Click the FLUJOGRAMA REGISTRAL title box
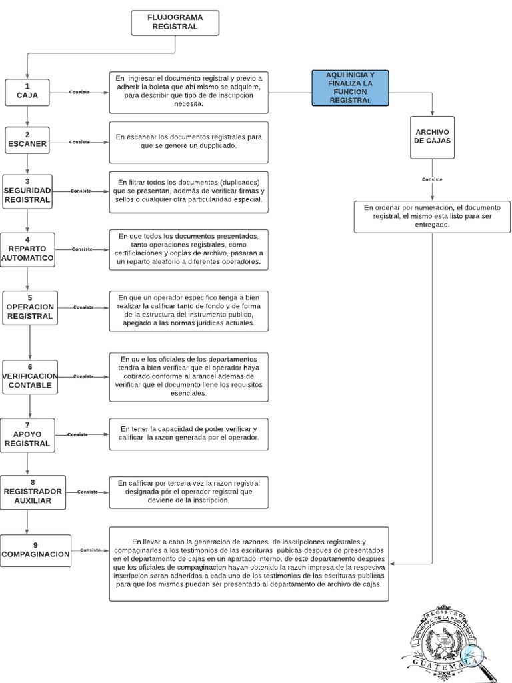pos(175,23)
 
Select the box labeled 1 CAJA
pos(27,91)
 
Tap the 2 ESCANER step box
pos(27,139)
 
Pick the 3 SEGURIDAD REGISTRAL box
pos(27,190)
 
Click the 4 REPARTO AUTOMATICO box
pos(27,249)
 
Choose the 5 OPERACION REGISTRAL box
pos(30,307)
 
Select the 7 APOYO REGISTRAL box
pos(27,434)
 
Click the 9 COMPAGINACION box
pos(36,550)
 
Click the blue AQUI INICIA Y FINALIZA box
pos(350,88)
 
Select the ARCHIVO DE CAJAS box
pos(432,137)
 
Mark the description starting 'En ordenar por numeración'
pos(432,217)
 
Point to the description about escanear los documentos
pos(189,141)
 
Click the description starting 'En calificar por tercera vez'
pos(189,491)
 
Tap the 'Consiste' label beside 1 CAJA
pos(79,92)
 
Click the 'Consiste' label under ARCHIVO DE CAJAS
pos(432,179)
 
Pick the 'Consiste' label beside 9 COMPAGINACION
pos(91,550)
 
